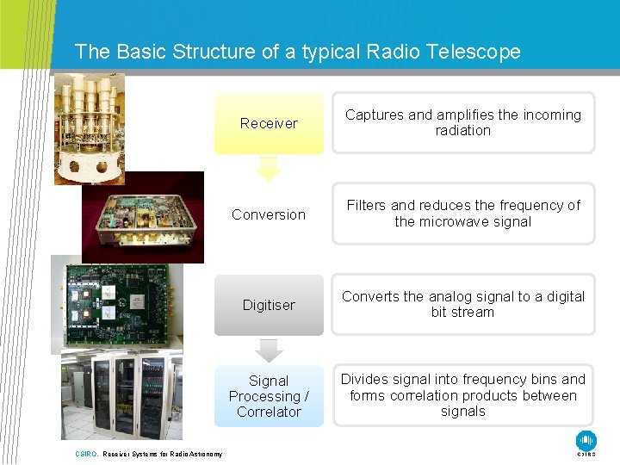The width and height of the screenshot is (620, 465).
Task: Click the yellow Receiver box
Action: point(269,123)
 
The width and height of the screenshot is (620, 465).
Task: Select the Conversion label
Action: point(269,214)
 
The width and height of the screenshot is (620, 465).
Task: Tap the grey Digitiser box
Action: point(269,305)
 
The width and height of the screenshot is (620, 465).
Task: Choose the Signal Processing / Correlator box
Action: point(269,396)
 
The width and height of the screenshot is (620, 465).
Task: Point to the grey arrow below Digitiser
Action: point(270,350)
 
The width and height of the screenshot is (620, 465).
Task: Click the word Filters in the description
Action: point(366,205)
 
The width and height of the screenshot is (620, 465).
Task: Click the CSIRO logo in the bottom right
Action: point(586,441)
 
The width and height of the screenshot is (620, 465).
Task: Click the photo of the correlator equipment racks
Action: point(121,393)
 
